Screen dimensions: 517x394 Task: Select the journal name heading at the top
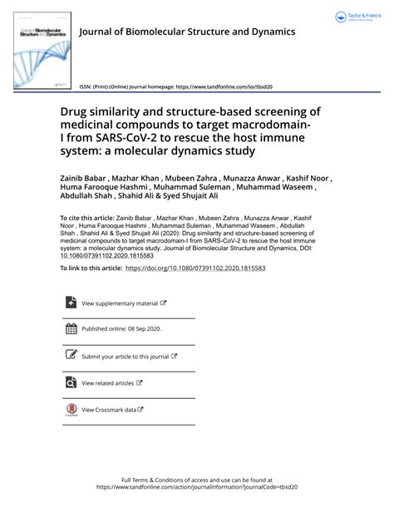[186, 32]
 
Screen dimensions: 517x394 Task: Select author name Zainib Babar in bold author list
[106, 178]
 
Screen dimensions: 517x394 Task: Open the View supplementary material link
[121, 303]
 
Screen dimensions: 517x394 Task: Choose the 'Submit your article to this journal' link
[126, 357]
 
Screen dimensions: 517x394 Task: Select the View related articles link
[109, 383]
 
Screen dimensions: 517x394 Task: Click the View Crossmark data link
[110, 410]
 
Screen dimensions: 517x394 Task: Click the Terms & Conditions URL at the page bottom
[196, 488]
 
